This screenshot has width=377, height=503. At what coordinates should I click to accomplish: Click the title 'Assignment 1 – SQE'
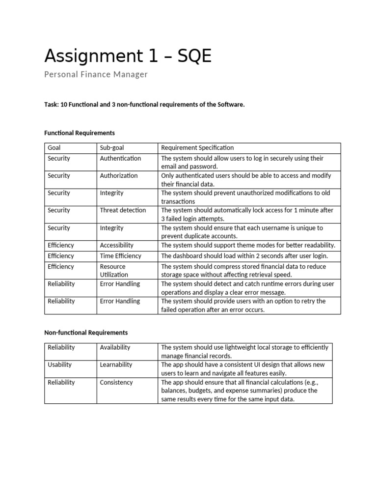[x=128, y=56]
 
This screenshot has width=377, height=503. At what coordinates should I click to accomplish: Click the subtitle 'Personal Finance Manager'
[x=96, y=75]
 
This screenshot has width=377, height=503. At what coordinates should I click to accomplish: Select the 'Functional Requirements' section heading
[x=80, y=133]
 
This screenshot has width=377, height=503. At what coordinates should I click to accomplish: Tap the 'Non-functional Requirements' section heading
[x=86, y=333]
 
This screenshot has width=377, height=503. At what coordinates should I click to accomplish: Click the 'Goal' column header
[x=54, y=148]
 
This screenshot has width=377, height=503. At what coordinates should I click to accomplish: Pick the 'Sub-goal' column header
[x=112, y=148]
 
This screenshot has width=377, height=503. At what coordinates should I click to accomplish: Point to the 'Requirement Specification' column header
[x=197, y=148]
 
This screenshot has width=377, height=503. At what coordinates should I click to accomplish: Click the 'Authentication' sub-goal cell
[x=120, y=159]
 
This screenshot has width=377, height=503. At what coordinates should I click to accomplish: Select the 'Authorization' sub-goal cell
[x=119, y=176]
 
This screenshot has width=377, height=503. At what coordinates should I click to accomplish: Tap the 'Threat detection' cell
[x=123, y=210]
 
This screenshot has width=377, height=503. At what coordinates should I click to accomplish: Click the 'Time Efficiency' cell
[x=120, y=256]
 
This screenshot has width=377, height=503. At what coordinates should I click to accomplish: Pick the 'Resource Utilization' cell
[x=114, y=271]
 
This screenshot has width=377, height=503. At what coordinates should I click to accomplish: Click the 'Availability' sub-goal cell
[x=115, y=347]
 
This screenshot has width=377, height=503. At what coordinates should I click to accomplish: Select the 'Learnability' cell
[x=116, y=365]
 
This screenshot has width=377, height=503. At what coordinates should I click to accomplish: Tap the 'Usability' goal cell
[x=59, y=365]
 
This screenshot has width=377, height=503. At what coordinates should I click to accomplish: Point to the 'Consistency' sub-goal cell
[x=116, y=383]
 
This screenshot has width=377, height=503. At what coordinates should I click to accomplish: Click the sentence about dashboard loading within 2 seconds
[x=244, y=256]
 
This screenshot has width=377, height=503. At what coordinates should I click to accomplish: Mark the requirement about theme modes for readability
[x=248, y=245]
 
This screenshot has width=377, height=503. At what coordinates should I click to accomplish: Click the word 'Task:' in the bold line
[x=52, y=106]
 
